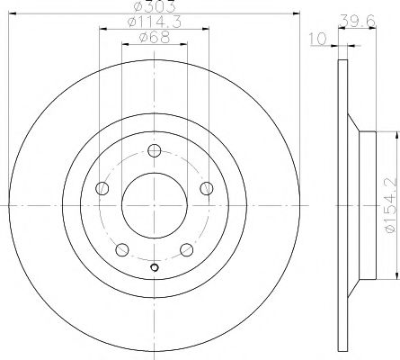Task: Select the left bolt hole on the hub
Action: pyautogui.click(x=102, y=188)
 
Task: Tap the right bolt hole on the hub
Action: pyautogui.click(x=208, y=188)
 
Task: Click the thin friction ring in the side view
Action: pyautogui.click(x=342, y=206)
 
